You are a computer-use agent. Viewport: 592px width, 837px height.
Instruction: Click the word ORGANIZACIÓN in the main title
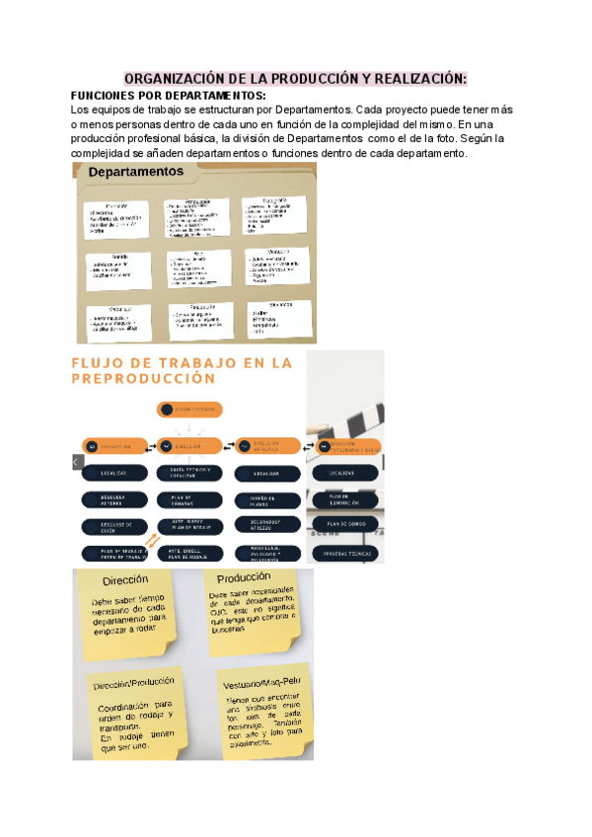(172, 78)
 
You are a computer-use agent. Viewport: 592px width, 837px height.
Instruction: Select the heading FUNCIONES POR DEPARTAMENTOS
(169, 95)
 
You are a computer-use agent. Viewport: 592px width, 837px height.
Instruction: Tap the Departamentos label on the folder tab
(137, 172)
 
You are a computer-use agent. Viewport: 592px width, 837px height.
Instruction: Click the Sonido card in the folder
(117, 267)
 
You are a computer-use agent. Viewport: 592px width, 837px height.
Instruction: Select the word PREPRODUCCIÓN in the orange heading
(144, 378)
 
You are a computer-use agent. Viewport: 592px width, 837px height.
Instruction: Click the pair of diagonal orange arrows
(154, 541)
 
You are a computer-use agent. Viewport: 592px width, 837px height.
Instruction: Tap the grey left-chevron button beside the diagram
(77, 461)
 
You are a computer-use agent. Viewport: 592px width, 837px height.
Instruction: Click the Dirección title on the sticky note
(125, 580)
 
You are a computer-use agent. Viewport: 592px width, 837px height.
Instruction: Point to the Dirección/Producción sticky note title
(134, 682)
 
